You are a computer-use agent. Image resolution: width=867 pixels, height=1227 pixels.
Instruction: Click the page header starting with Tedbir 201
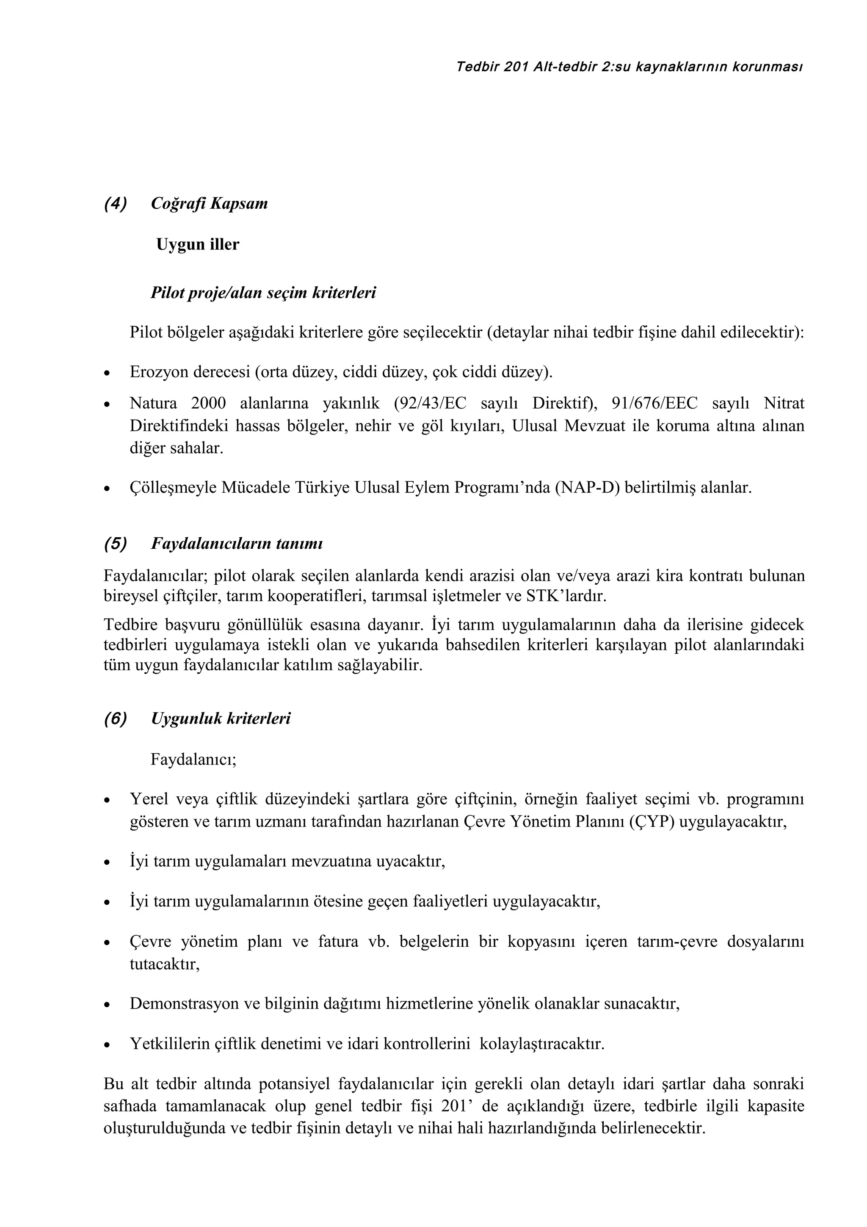(630, 67)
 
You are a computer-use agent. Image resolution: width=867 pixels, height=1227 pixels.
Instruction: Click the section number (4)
(116, 204)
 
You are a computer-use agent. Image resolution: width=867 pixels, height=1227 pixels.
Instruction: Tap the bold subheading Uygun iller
(198, 245)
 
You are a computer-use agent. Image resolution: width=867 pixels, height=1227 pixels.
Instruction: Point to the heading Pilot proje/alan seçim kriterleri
(263, 293)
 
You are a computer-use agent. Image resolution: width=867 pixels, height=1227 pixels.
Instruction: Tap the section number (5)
(116, 544)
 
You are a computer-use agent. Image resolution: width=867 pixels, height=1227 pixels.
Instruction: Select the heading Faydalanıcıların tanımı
(237, 544)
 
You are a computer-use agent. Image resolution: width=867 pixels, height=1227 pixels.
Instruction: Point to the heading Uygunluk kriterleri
(221, 719)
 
